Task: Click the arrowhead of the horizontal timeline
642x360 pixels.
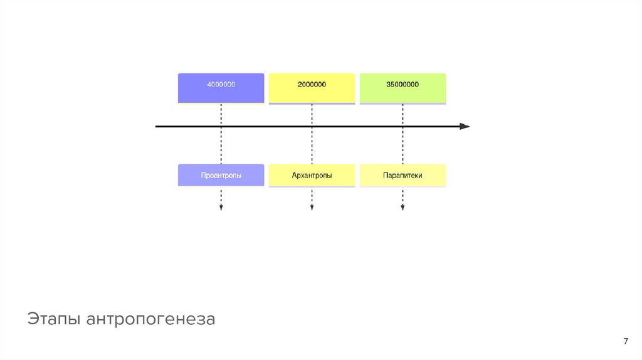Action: pos(465,126)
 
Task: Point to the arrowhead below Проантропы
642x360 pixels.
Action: pos(221,208)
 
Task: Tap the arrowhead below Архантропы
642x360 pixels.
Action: pos(312,208)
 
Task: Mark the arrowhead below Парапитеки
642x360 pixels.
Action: pos(403,208)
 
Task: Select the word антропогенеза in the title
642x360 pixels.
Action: pos(151,319)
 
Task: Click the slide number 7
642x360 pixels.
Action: pos(625,341)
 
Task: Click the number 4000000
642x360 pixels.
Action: pos(221,84)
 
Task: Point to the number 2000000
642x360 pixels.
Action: pos(312,84)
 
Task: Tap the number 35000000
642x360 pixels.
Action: pos(403,84)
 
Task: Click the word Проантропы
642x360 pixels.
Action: pos(221,176)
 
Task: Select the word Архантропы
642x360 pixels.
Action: pos(312,176)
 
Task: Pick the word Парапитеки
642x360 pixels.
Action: pos(403,176)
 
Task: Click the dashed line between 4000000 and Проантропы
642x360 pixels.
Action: pos(221,144)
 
